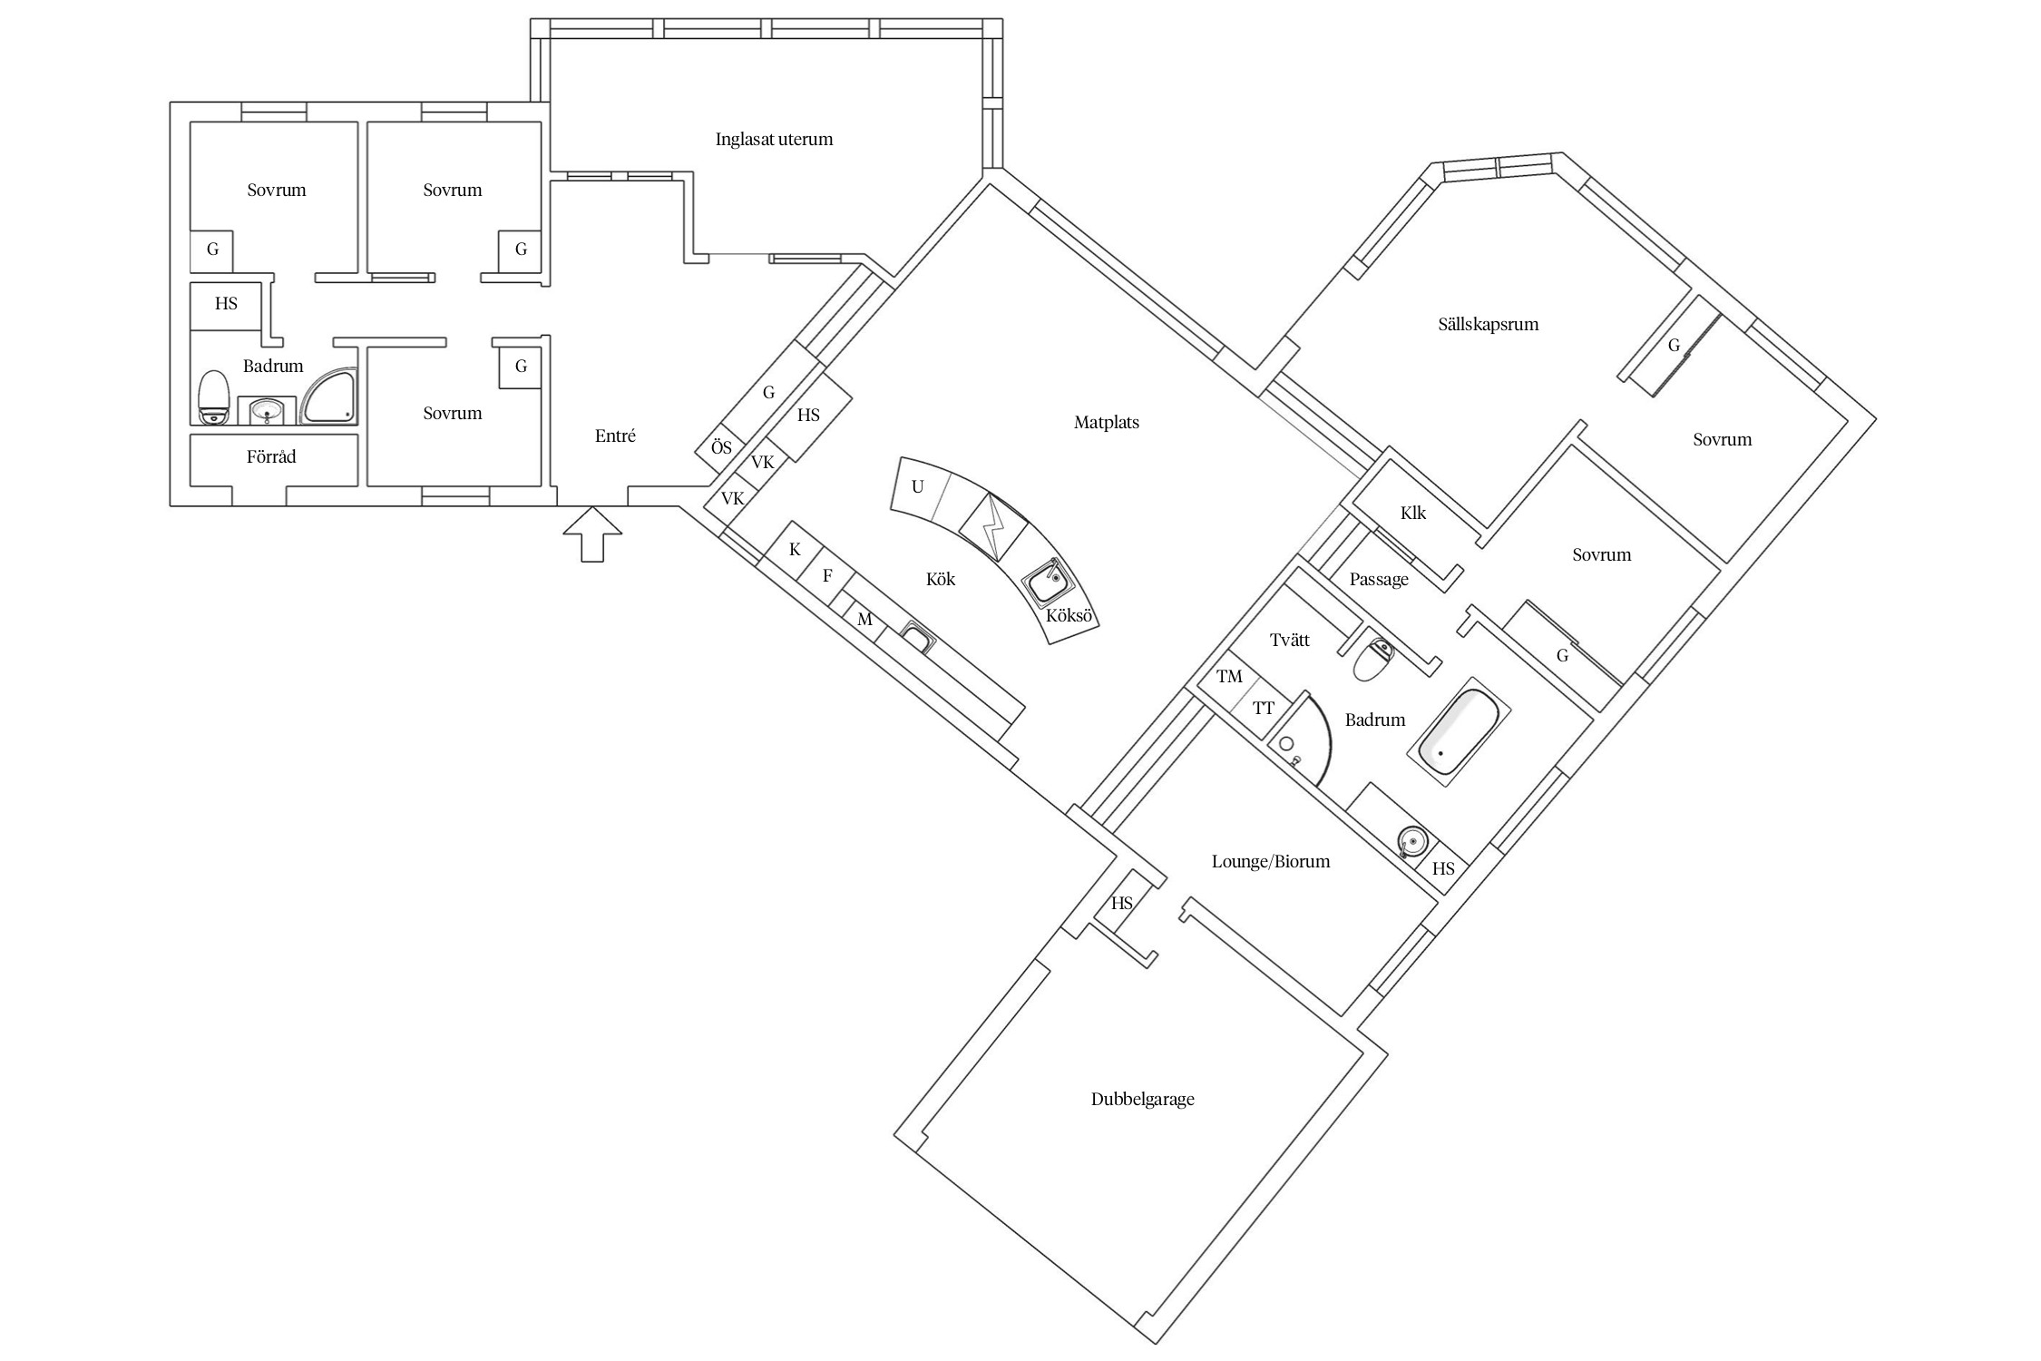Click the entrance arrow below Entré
pyautogui.click(x=592, y=534)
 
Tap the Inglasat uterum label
pyautogui.click(x=774, y=140)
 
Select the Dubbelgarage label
pyautogui.click(x=1142, y=1100)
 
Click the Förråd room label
pyautogui.click(x=271, y=456)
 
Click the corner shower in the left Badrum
pyautogui.click(x=329, y=397)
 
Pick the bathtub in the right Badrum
pyautogui.click(x=1459, y=731)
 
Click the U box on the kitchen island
pyautogui.click(x=918, y=487)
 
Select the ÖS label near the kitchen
pyautogui.click(x=721, y=448)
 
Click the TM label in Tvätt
pyautogui.click(x=1229, y=677)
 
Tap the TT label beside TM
pyautogui.click(x=1264, y=709)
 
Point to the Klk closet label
pyautogui.click(x=1413, y=514)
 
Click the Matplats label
pyautogui.click(x=1107, y=422)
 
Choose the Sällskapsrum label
pyautogui.click(x=1489, y=324)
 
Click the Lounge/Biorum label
pyautogui.click(x=1271, y=861)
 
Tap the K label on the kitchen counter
pyautogui.click(x=796, y=550)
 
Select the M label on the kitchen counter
pyautogui.click(x=864, y=620)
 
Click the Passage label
pyautogui.click(x=1379, y=580)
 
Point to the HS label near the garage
pyautogui.click(x=1122, y=904)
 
